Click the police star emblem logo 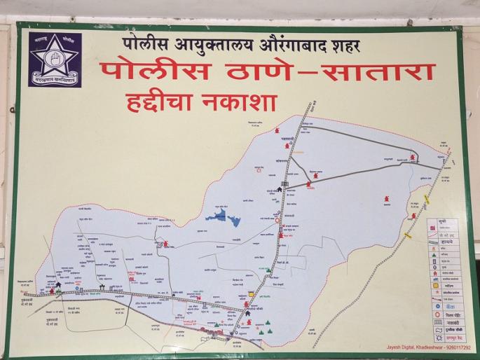click(x=55, y=60)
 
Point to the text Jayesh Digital click(x=402, y=347)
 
